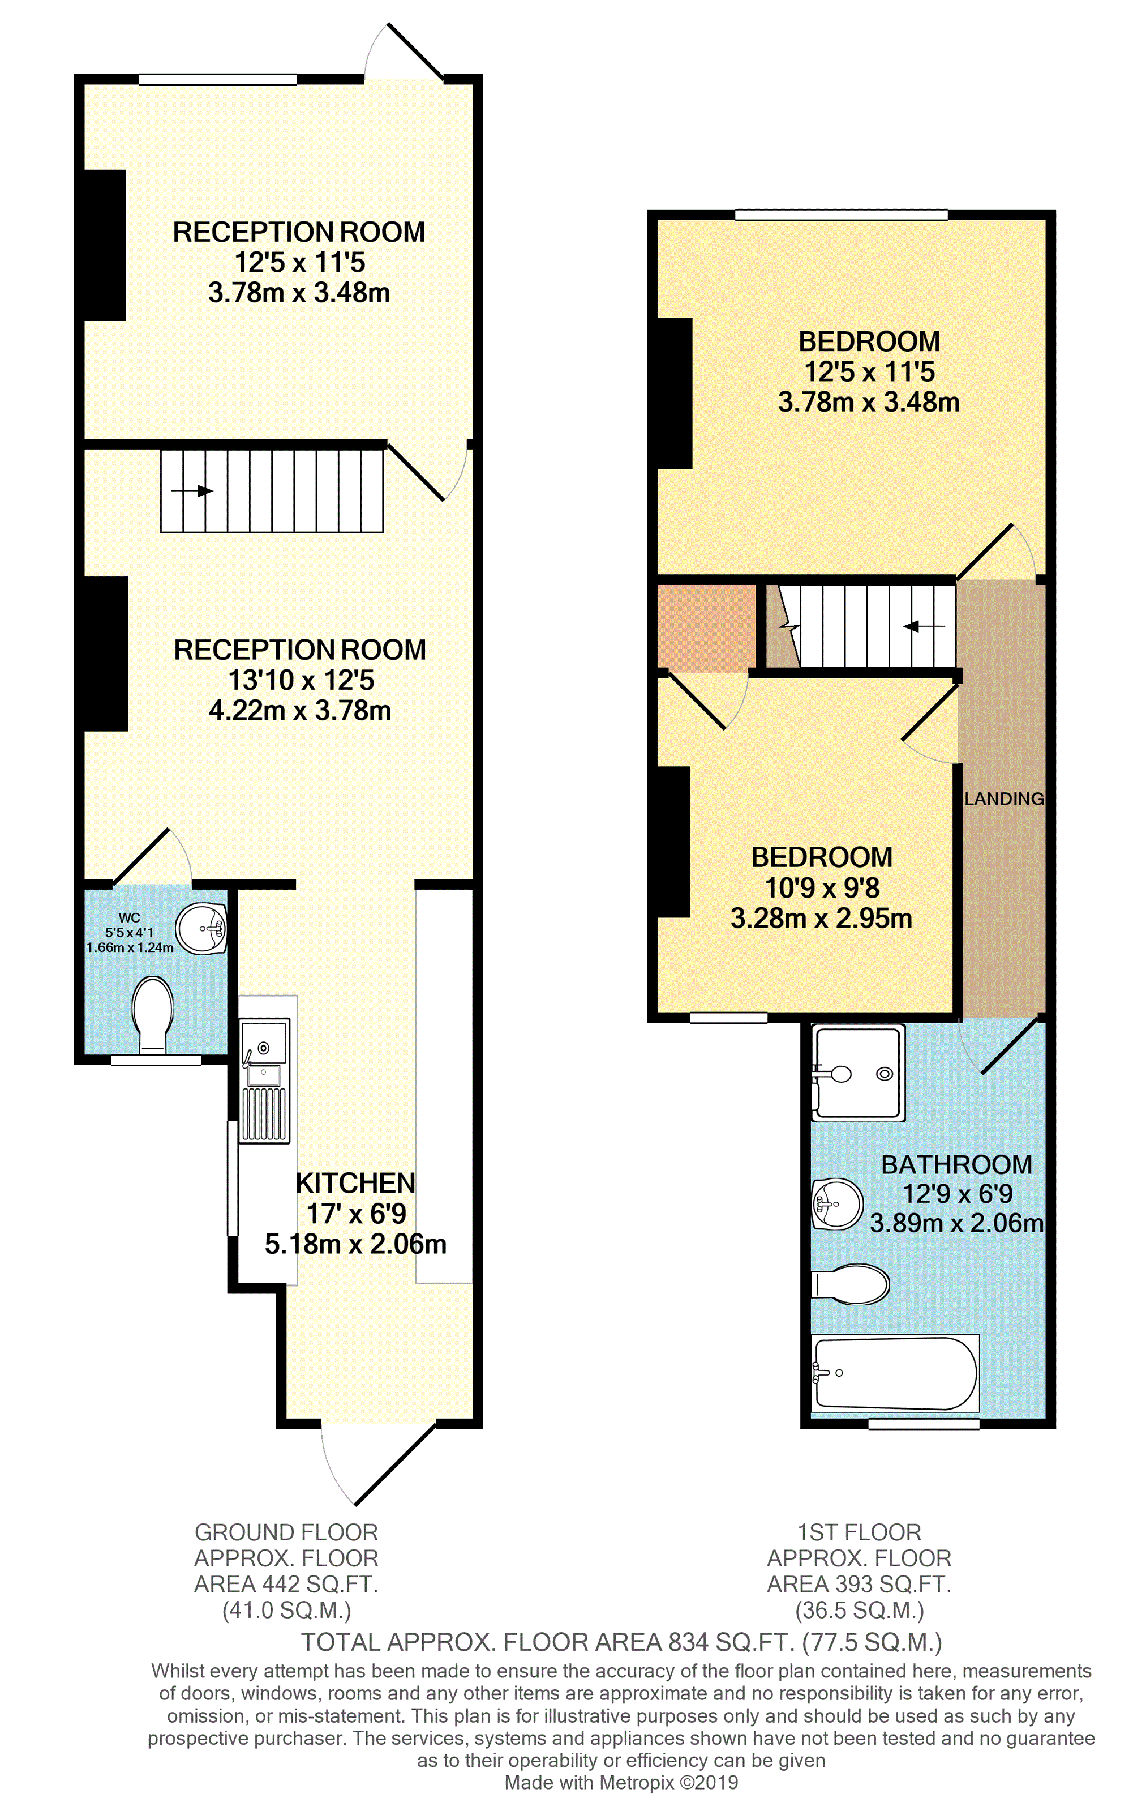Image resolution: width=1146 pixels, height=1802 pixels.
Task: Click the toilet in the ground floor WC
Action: tap(153, 1014)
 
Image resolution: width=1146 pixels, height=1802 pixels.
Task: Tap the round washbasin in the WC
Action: tap(201, 928)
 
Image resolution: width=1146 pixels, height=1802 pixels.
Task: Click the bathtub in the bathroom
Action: tap(895, 1373)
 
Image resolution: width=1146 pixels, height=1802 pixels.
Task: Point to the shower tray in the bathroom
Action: tap(859, 1073)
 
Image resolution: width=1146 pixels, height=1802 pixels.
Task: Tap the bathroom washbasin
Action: tap(837, 1204)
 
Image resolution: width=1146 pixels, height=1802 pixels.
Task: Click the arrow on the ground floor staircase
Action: tap(192, 491)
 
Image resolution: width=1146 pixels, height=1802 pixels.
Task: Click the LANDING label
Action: tap(1003, 798)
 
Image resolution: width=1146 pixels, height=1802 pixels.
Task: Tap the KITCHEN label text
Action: tap(355, 1183)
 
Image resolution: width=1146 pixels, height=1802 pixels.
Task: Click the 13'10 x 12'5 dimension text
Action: tap(301, 680)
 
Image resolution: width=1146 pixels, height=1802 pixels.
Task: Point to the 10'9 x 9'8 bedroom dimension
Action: tap(821, 887)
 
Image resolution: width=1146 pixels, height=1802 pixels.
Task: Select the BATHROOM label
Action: tap(956, 1164)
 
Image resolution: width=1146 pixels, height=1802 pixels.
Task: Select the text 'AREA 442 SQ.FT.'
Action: tap(286, 1583)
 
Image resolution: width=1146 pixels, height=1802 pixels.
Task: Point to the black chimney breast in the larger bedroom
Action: tap(674, 393)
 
